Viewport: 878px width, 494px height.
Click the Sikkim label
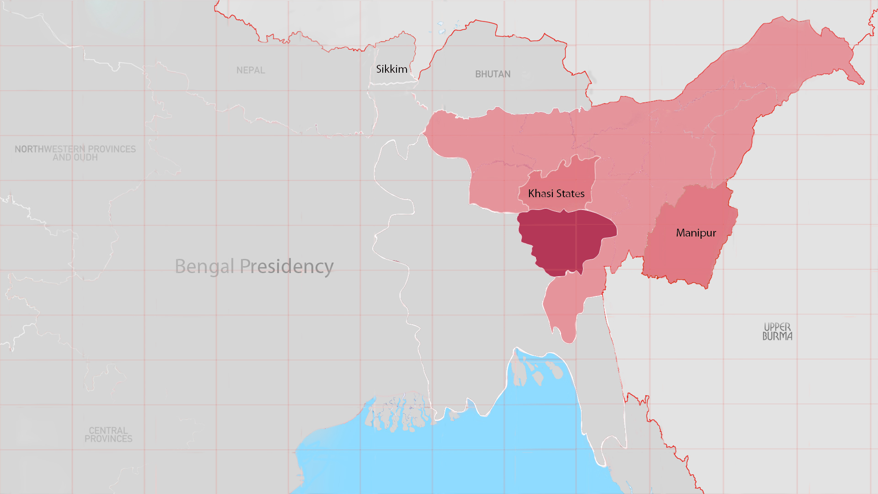tap(391, 69)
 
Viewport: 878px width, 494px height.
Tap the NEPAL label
tap(251, 70)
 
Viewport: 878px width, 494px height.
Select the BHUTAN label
tap(493, 74)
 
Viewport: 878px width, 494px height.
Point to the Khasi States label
tap(556, 193)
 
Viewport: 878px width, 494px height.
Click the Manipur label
tap(696, 233)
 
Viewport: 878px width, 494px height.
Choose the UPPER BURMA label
tap(777, 332)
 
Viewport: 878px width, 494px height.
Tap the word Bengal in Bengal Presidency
tap(204, 266)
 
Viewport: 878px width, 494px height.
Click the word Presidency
tap(287, 266)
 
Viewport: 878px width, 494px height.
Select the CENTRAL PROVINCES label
tap(108, 435)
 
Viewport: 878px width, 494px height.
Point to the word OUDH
tap(86, 157)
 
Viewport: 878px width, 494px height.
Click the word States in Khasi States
tap(570, 193)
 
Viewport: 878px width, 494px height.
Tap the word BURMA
tap(777, 336)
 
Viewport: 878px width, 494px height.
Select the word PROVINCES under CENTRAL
tap(108, 439)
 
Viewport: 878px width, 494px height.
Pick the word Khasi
tap(541, 193)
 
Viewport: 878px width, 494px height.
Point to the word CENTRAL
tap(108, 430)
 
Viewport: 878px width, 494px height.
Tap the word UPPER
tap(777, 327)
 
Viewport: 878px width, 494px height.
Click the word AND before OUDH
tap(62, 157)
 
